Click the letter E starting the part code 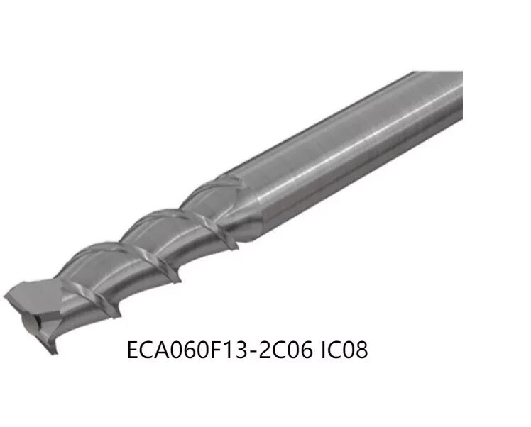click(133, 350)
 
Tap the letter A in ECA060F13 click(162, 350)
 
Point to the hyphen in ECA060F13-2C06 click(252, 352)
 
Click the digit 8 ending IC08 click(361, 350)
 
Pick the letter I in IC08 click(323, 350)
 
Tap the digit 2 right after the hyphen click(263, 350)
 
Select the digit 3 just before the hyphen click(241, 350)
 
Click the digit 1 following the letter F click(228, 350)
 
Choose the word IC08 click(344, 350)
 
